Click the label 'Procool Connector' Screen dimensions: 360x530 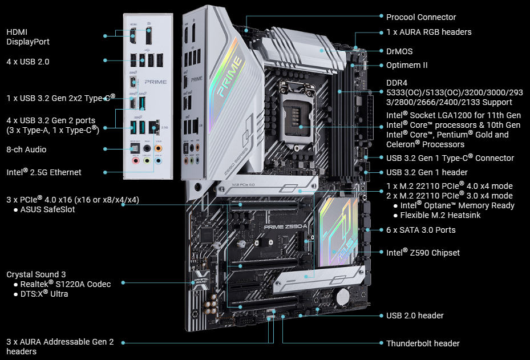[x=421, y=17]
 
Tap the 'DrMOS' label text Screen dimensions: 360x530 [x=399, y=51]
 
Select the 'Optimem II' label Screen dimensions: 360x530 [x=407, y=65]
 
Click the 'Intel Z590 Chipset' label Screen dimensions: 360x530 [x=423, y=252]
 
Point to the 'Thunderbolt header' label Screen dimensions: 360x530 [x=423, y=343]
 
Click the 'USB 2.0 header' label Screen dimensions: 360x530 [x=415, y=315]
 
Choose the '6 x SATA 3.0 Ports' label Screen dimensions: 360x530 [x=420, y=230]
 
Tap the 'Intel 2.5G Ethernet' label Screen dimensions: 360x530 [x=44, y=172]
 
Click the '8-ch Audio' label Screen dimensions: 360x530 [x=26, y=149]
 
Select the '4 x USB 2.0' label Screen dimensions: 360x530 [x=27, y=61]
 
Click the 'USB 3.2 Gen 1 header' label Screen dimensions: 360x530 [x=427, y=172]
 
